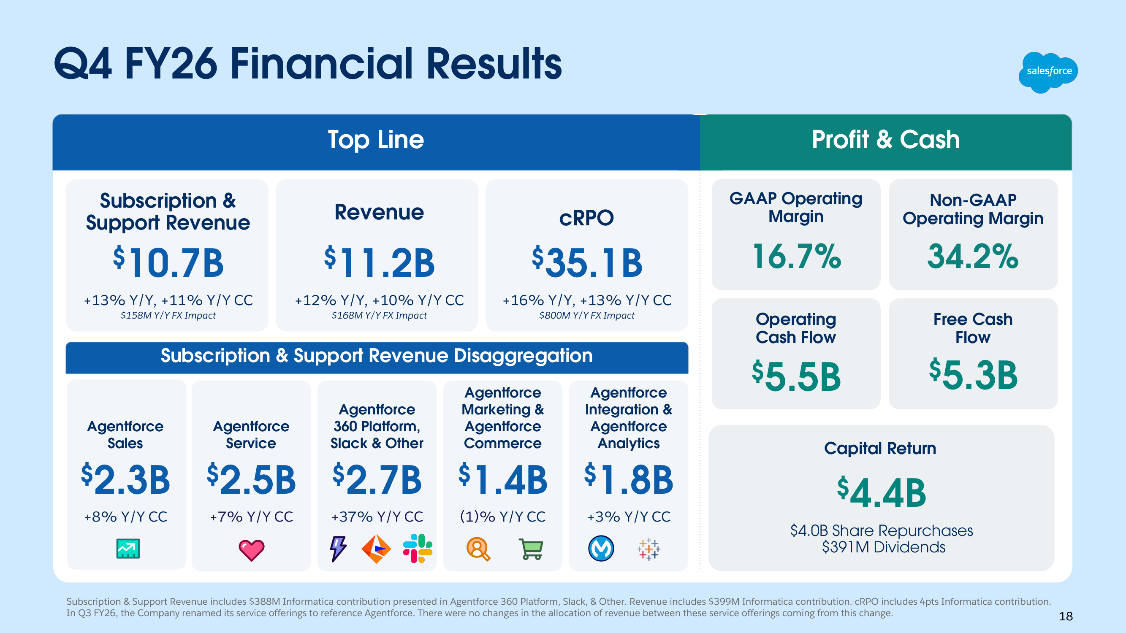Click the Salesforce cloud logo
[1048, 72]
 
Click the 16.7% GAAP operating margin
[796, 257]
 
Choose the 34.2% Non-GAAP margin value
[973, 257]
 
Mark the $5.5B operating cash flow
[796, 376]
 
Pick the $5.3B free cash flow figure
[973, 375]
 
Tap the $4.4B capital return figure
[881, 493]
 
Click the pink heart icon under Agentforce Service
[251, 549]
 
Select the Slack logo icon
[418, 549]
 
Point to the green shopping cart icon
[531, 549]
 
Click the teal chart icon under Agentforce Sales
[128, 549]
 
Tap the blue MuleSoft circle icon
[601, 549]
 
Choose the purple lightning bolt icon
[338, 549]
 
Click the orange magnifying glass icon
[478, 549]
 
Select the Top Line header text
[375, 140]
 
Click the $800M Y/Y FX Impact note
[586, 315]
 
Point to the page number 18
[1066, 617]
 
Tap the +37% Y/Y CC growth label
[377, 517]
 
